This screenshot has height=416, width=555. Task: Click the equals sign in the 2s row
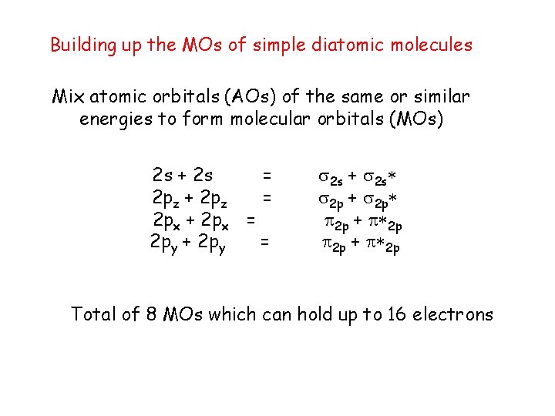pos(266,176)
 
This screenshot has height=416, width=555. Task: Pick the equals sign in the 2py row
pos(264,243)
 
